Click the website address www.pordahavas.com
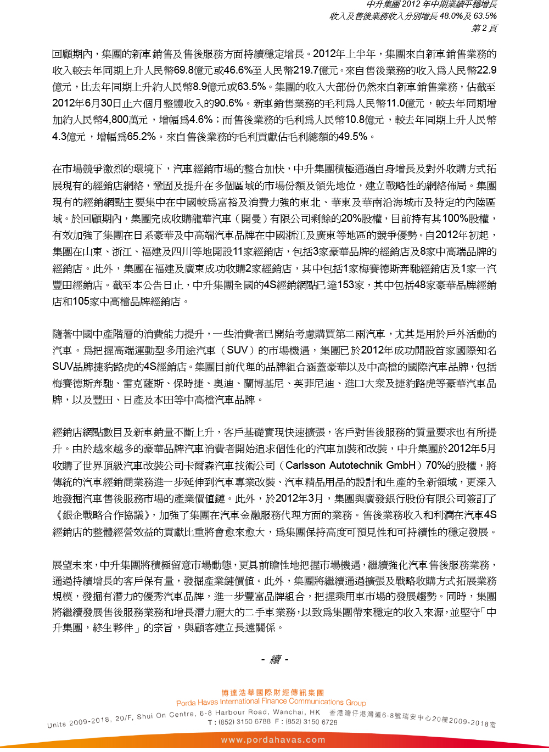pos(273,740)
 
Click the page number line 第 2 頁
pos(484,27)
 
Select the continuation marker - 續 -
pos(274,659)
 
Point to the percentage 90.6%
pos(228,103)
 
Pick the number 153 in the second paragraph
pos(345,285)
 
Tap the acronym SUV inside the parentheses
pos(237,350)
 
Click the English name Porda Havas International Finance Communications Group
pos(271,702)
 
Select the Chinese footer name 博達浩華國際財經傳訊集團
pos(273,693)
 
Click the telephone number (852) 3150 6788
pos(244,722)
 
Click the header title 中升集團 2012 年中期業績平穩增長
pos(432,4)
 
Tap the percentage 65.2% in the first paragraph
pos(142,136)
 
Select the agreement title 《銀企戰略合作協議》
pos(102,515)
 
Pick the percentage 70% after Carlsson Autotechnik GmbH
pos(435,465)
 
